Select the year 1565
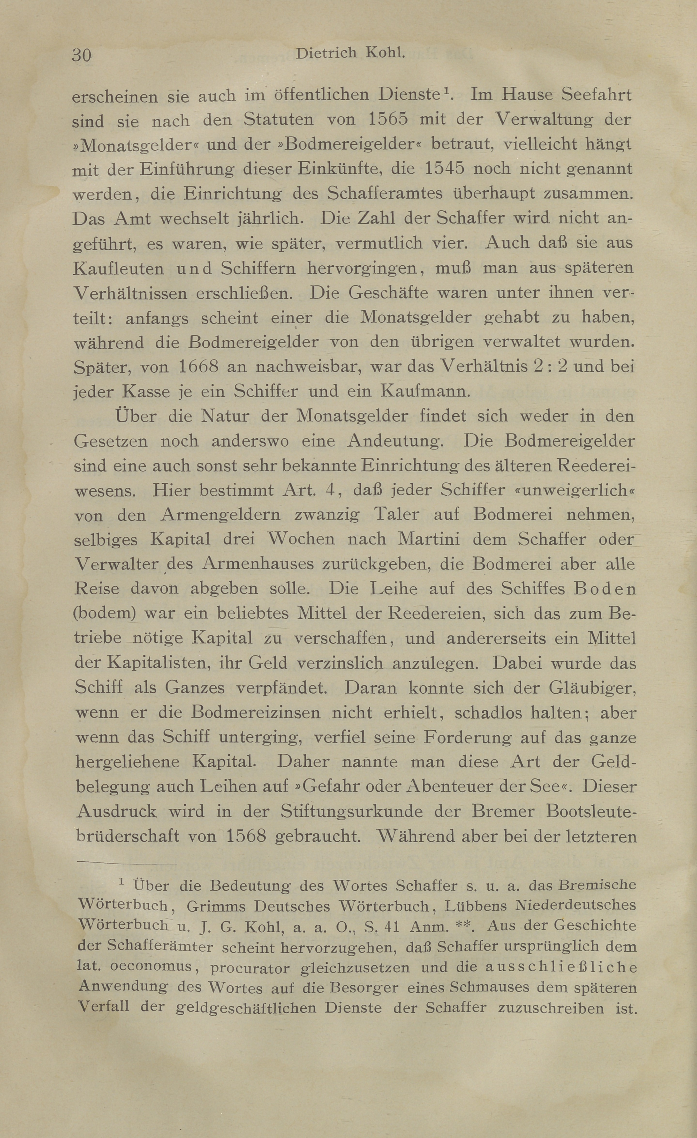click(388, 120)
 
